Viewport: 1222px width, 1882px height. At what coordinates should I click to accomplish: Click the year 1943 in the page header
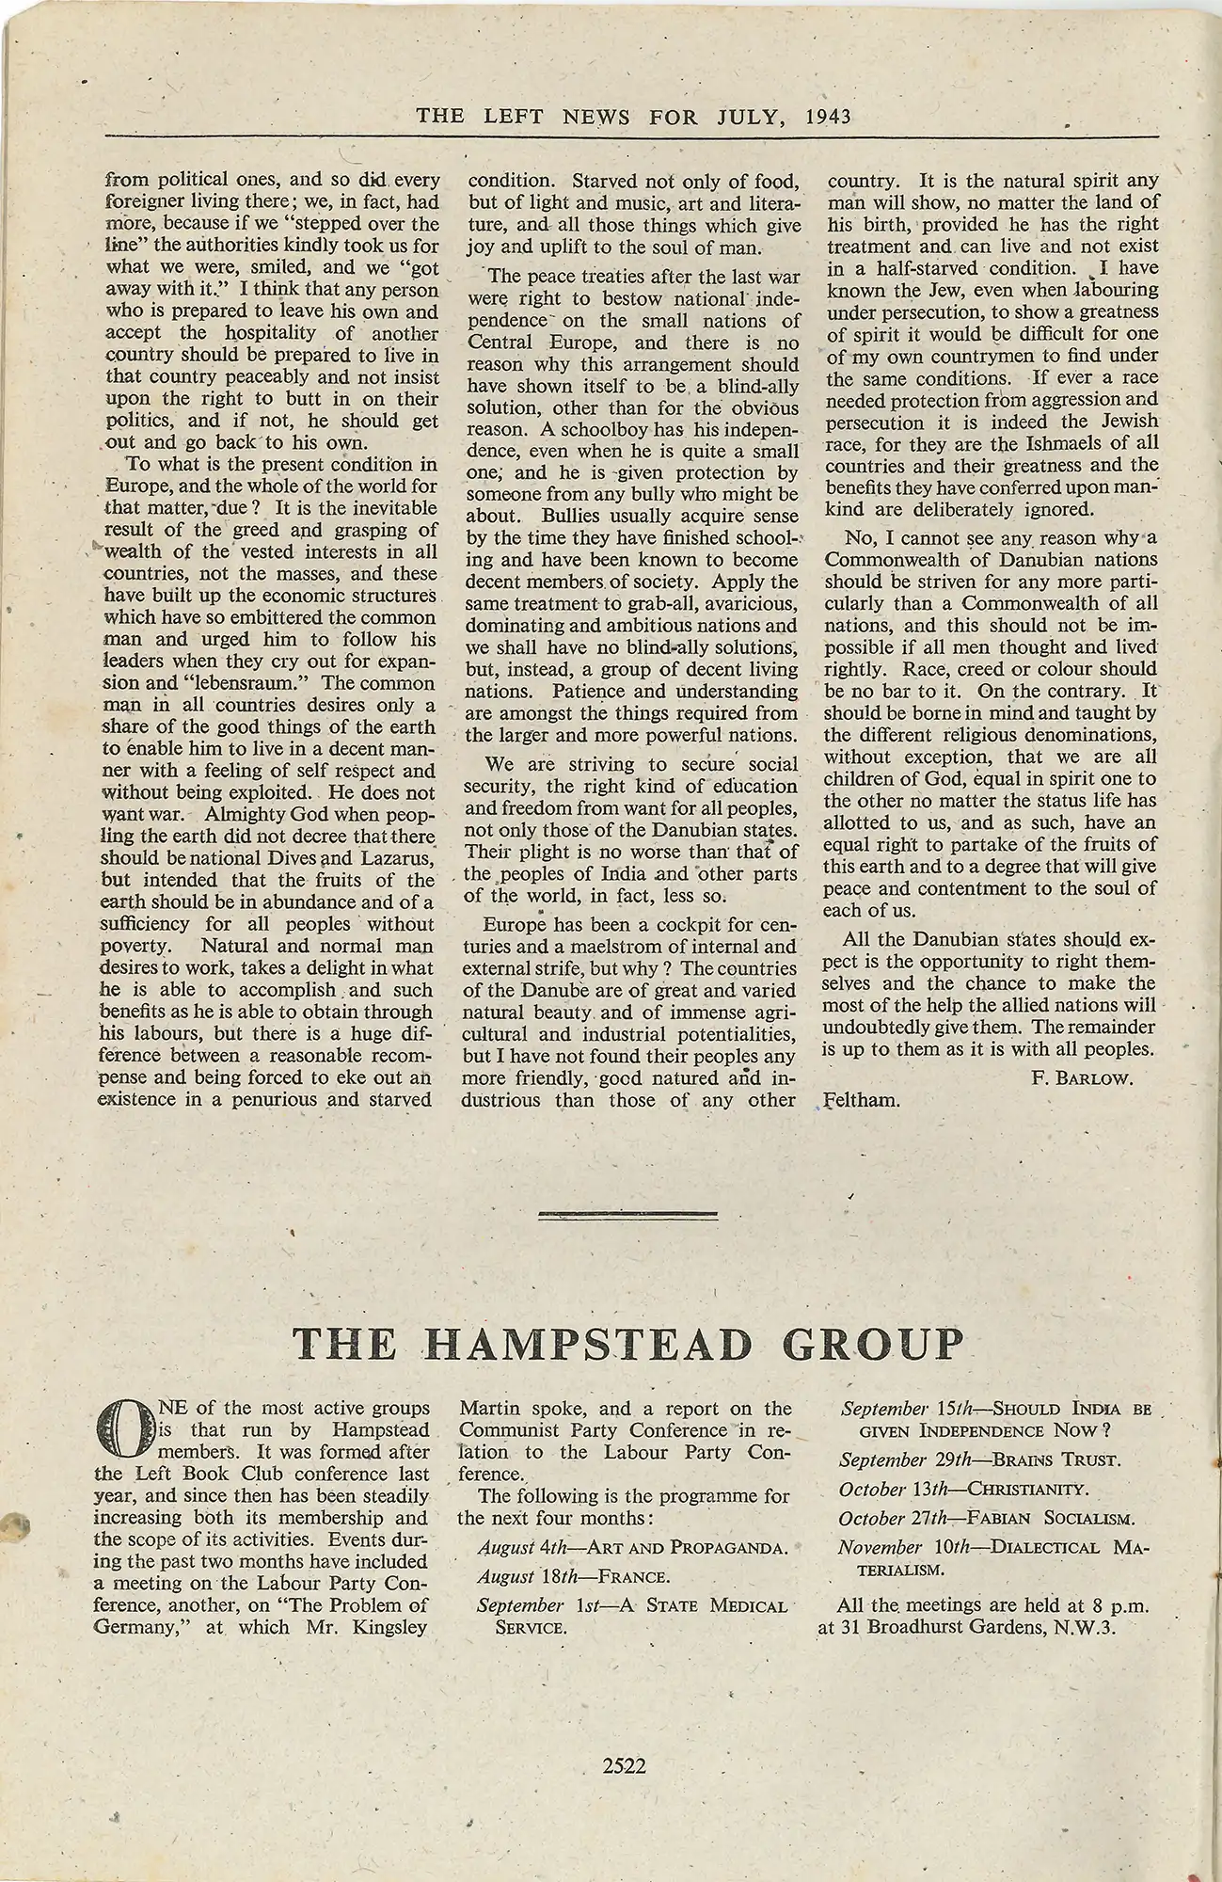828,116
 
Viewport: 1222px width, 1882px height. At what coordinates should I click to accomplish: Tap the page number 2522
625,1766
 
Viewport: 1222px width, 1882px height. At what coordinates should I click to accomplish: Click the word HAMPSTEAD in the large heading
591,1344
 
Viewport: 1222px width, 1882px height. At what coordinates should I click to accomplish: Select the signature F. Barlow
1082,1078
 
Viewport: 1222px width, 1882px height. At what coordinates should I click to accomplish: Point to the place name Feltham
862,1100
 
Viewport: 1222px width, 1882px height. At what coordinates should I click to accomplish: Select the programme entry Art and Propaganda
693,1548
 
